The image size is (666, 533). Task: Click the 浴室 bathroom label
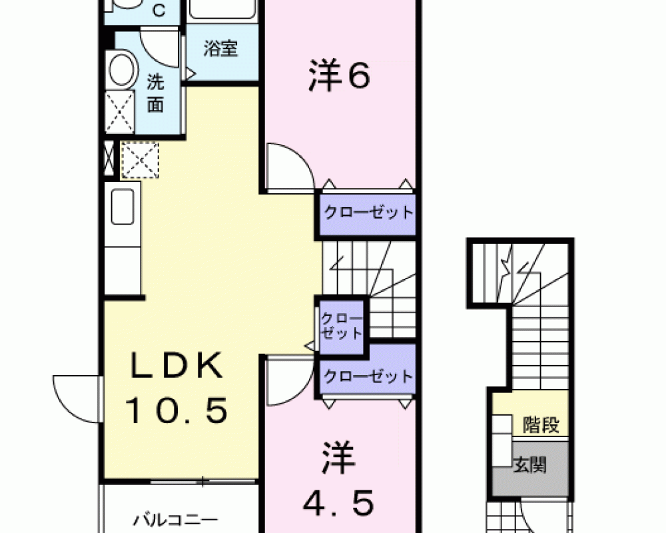coord(220,49)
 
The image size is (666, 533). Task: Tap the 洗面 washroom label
coord(155,93)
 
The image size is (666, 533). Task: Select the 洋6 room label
coord(340,76)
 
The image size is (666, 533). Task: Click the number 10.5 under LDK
coord(176,410)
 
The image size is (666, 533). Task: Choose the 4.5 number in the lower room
coord(338,503)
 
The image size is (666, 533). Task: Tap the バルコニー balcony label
coord(175,520)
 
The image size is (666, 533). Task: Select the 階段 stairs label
coord(541,424)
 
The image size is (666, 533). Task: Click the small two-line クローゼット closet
coord(342,326)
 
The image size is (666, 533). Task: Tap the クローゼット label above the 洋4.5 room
coord(368,376)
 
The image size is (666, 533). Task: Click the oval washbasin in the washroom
coord(122,69)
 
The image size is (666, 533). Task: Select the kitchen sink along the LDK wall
coord(123,207)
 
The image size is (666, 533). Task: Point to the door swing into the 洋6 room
coord(290,166)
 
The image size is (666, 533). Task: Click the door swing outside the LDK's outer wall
coord(77,400)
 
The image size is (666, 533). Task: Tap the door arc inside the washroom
coord(160,47)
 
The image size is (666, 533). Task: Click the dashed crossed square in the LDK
coord(140,161)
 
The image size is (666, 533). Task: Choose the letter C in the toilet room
coord(159,11)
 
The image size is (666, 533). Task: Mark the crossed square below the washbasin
coord(120,111)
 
